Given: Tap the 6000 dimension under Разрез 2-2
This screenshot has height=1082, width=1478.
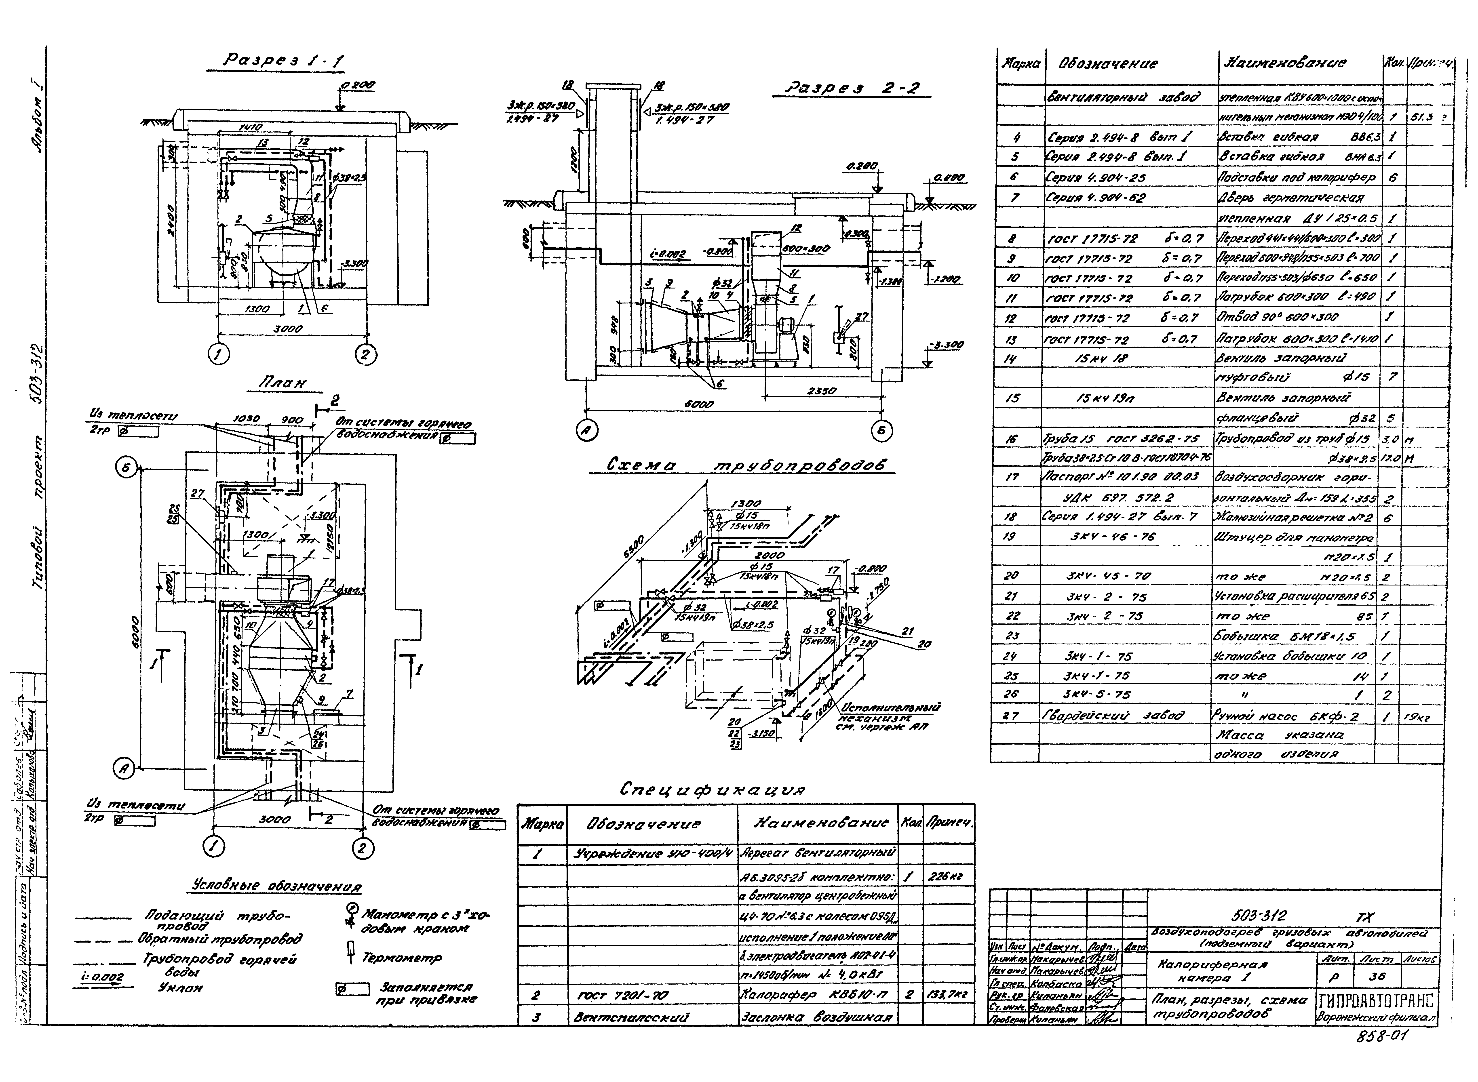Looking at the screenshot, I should tap(698, 405).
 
